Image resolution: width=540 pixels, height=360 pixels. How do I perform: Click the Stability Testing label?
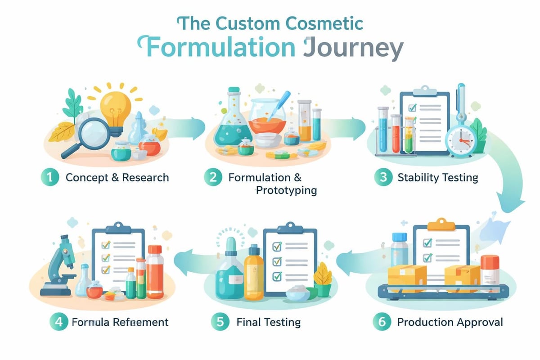437,177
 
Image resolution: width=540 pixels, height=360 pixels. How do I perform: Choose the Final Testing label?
268,322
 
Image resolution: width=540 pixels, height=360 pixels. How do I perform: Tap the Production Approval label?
450,322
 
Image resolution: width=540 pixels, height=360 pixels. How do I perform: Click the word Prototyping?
286,190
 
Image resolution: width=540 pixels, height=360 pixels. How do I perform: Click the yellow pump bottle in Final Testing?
253,277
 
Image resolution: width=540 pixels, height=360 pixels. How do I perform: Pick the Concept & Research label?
117,177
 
